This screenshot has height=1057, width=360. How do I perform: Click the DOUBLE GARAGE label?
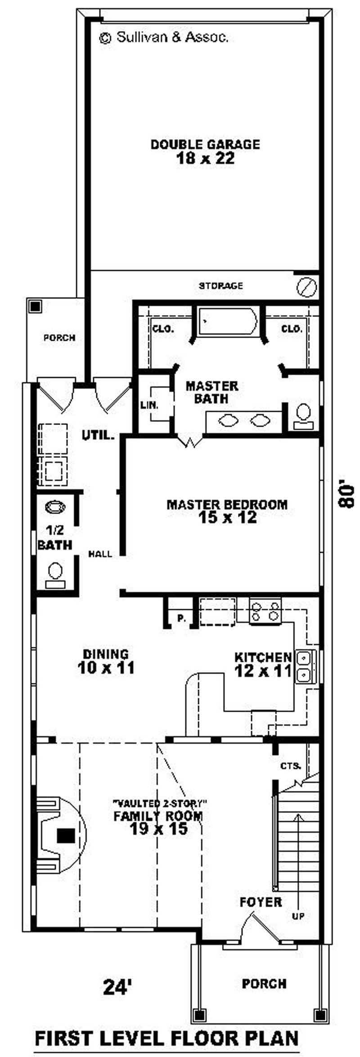click(205, 145)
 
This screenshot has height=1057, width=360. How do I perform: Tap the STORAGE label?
click(221, 285)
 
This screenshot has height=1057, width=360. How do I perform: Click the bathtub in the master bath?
click(228, 321)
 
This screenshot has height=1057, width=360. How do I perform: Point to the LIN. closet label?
click(149, 405)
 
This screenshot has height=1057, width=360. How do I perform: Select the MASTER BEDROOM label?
click(227, 504)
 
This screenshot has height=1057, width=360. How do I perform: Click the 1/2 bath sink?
click(55, 507)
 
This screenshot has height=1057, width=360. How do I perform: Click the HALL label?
click(100, 554)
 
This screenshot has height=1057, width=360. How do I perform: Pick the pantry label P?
click(181, 619)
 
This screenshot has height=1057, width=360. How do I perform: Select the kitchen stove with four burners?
click(265, 611)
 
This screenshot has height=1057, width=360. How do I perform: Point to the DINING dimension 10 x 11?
click(106, 668)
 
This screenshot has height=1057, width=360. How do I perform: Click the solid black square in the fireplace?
click(66, 836)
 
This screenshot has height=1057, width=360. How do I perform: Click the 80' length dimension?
click(346, 495)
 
